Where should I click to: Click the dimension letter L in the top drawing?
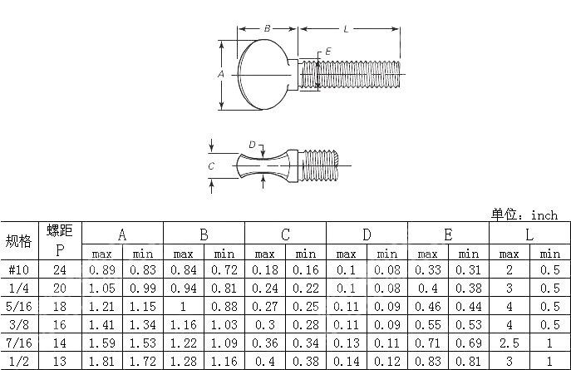click(x=345, y=29)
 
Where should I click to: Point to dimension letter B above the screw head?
click(x=267, y=29)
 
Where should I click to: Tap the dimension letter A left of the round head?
click(x=221, y=74)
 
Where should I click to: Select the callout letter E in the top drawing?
click(x=328, y=52)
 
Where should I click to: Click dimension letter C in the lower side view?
click(x=211, y=166)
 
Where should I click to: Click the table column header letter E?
click(x=448, y=234)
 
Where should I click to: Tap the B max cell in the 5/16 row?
click(x=183, y=306)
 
